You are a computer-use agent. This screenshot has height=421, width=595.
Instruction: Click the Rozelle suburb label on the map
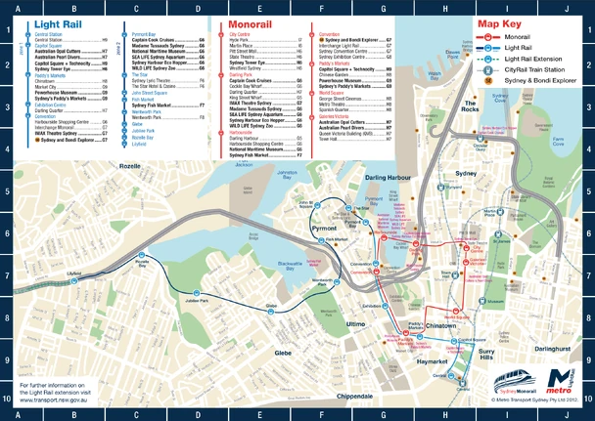tap(129, 167)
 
